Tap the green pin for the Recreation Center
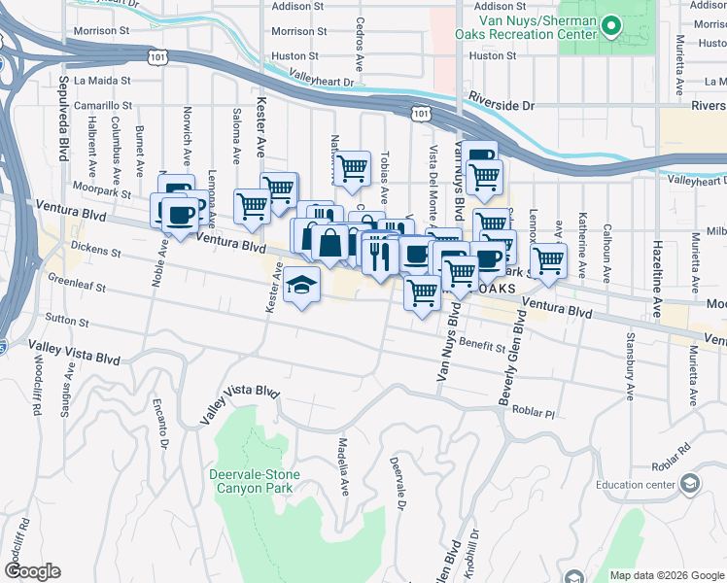[611, 26]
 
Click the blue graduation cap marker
[302, 287]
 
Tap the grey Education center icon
[689, 484]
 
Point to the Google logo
[32, 571]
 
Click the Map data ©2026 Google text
[666, 575]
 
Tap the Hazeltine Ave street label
[658, 273]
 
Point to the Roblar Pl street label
[535, 412]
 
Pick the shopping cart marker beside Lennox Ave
[548, 260]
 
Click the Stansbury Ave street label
[630, 369]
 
